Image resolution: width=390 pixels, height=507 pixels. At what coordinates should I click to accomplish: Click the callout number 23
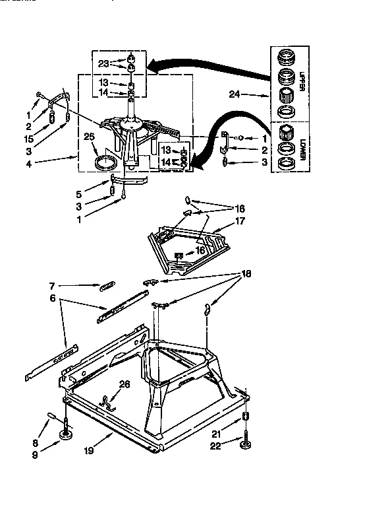(103, 63)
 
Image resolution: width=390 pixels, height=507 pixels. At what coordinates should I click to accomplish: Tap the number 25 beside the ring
(90, 137)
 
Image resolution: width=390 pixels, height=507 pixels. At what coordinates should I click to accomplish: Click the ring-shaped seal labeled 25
(107, 162)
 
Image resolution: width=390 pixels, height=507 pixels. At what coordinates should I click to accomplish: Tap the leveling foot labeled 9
(67, 434)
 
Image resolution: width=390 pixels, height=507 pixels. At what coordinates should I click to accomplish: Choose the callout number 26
(125, 384)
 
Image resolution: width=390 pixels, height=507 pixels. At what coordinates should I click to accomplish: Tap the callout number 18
(246, 273)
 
